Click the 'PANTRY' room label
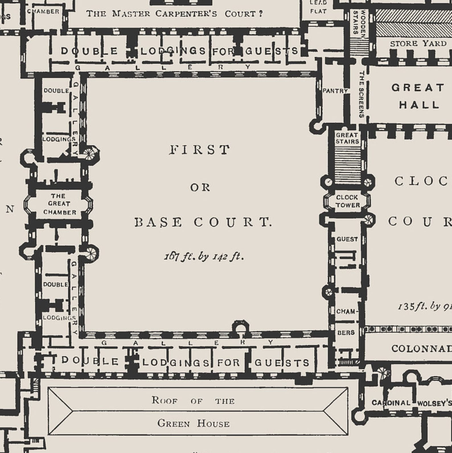pyautogui.click(x=335, y=91)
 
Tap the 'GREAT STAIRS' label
pyautogui.click(x=347, y=138)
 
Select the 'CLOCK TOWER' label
pyautogui.click(x=347, y=201)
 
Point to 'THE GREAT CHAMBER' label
pyautogui.click(x=59, y=204)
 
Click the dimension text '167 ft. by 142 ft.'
pyautogui.click(x=204, y=257)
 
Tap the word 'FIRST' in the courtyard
pyautogui.click(x=200, y=150)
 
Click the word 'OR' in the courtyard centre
pyautogui.click(x=200, y=187)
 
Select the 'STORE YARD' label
pyautogui.click(x=418, y=44)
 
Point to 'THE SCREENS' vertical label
pyautogui.click(x=361, y=94)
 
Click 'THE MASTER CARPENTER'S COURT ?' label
pyautogui.click(x=174, y=14)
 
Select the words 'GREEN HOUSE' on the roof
pyautogui.click(x=193, y=423)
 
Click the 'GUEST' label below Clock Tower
pyautogui.click(x=347, y=239)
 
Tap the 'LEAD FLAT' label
pyautogui.click(x=318, y=7)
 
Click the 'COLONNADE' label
pyautogui.click(x=421, y=348)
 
